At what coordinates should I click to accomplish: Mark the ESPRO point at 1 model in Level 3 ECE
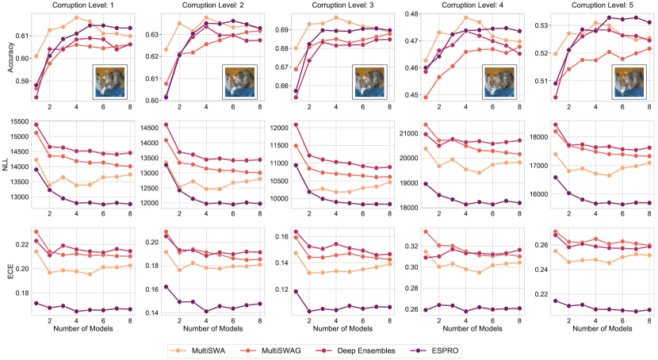295,291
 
